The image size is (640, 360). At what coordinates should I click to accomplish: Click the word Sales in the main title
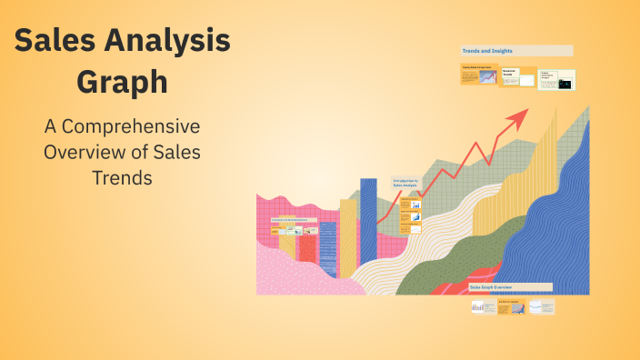point(55,42)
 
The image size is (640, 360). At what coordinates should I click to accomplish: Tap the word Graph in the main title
point(122,83)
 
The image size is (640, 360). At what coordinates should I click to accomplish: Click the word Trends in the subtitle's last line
point(122,177)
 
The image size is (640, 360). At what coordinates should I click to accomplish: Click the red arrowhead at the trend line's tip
point(519,116)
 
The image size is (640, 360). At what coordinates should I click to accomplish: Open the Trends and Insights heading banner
point(516,51)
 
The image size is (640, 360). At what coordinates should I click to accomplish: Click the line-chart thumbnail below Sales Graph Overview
point(542,307)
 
